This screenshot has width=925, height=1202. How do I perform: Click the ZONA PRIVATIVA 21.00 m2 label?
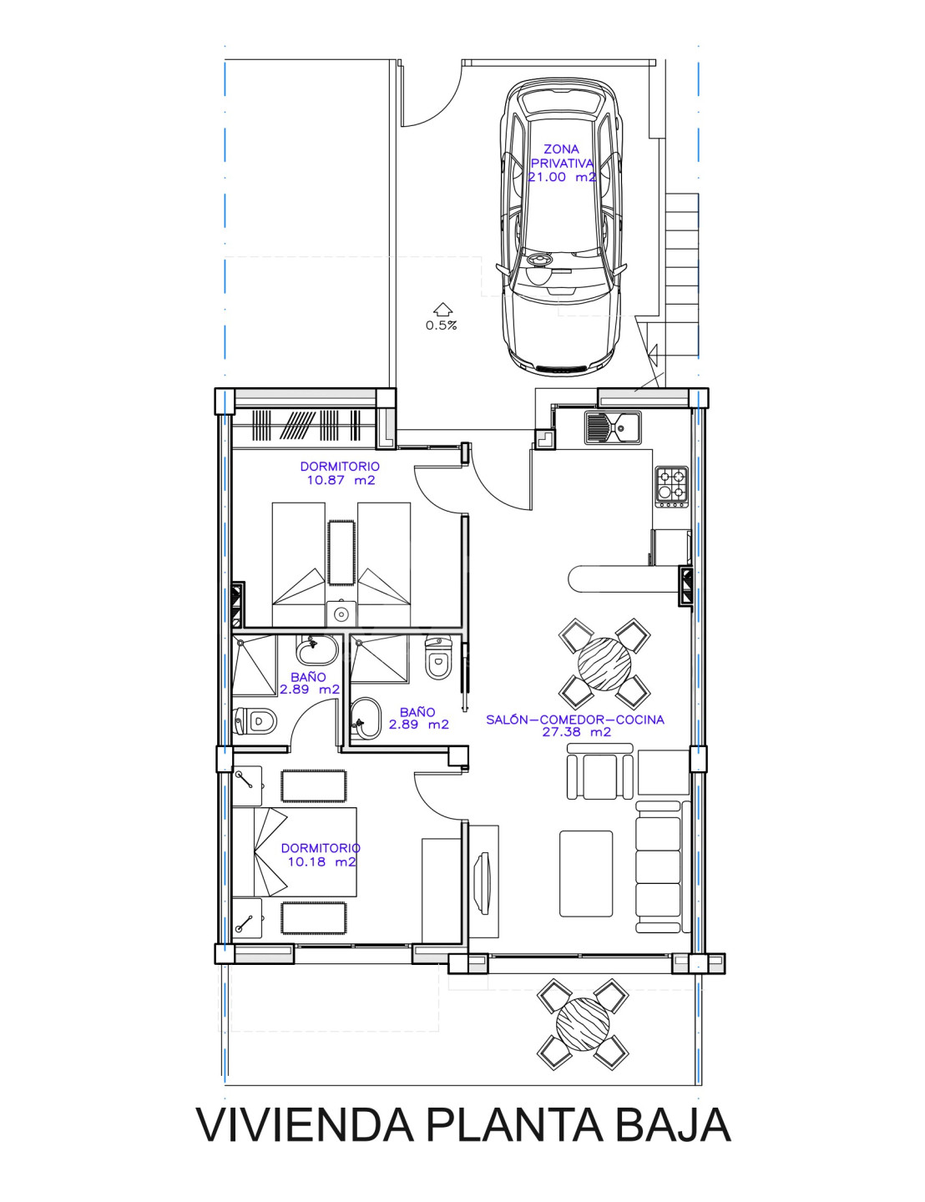pos(562,163)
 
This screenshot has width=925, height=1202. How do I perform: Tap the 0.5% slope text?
pos(441,326)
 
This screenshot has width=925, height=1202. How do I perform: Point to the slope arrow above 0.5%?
pos(442,309)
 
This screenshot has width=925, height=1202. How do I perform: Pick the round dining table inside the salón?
pos(604,664)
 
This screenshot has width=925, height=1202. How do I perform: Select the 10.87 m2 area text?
pos(341,480)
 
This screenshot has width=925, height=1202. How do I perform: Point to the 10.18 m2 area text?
pos(321,861)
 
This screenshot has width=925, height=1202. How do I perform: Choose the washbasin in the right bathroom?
pos(366,718)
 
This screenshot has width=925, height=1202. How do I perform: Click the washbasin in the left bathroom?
pos(317,649)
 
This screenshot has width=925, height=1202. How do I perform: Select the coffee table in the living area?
pos(586,873)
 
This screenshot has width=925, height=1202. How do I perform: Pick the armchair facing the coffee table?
pos(599,770)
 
